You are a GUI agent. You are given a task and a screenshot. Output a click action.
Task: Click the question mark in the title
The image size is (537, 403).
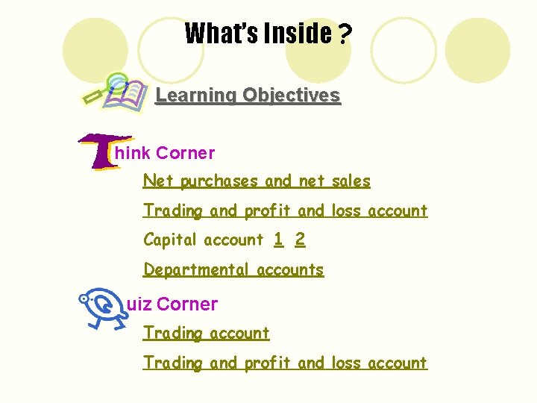(345, 34)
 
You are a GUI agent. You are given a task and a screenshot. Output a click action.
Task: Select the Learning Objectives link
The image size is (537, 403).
(248, 96)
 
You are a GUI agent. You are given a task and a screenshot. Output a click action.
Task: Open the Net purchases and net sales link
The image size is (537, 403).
(257, 181)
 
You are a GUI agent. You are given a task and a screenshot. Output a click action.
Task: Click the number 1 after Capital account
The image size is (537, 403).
(278, 240)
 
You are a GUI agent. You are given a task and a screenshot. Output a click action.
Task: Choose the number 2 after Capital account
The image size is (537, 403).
(300, 240)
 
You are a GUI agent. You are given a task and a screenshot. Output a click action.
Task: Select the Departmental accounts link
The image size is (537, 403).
(233, 269)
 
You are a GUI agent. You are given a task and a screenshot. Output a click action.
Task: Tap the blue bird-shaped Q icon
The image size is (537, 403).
(100, 307)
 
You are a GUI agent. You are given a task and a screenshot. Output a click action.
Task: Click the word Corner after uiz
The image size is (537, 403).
(187, 304)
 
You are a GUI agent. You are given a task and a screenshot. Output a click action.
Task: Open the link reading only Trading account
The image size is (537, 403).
(206, 333)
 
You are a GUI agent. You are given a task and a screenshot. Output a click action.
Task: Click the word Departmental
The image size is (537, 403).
(197, 269)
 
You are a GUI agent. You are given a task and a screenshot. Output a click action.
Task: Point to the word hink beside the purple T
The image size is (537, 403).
(133, 154)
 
